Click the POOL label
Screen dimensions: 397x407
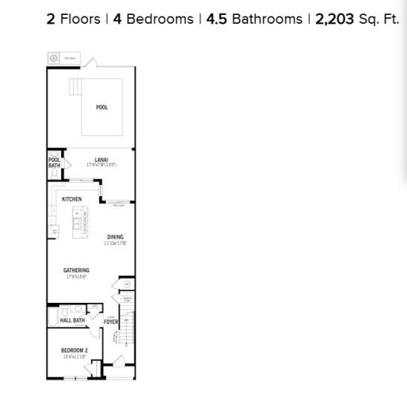102,107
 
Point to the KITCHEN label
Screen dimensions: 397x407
72,199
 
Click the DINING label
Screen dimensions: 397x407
115,237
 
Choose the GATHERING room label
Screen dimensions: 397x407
76,270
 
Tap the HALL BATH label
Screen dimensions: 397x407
72,321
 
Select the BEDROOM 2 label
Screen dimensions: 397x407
75,351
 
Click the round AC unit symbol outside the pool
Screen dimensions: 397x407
54,57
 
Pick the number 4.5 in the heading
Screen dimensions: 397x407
216,19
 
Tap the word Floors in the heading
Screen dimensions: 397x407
79,19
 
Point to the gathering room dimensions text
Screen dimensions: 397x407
76,277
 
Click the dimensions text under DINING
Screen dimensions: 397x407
115,243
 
